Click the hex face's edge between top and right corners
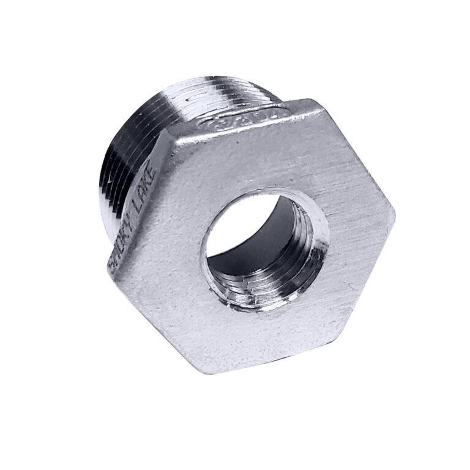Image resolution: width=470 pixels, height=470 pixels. click(x=358, y=153)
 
